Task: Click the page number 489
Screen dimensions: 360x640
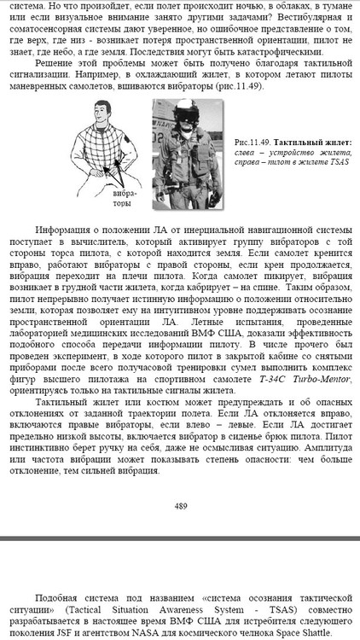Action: (180, 506)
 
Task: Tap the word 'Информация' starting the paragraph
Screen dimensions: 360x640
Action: (64, 230)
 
